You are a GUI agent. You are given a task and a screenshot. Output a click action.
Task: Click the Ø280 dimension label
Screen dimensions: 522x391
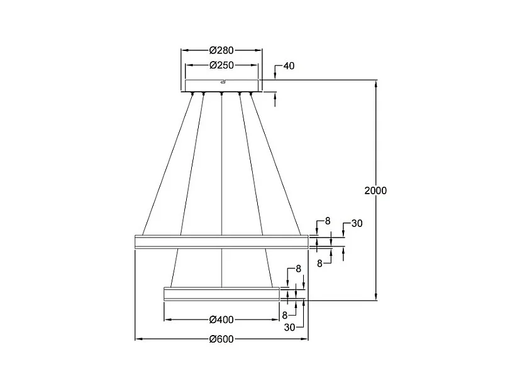point(221,50)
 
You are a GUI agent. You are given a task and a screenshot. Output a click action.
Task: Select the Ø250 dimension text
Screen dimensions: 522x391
point(221,65)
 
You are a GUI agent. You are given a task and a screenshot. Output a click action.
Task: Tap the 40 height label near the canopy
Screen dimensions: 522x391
point(289,66)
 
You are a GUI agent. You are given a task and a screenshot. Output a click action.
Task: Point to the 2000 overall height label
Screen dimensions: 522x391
point(375,190)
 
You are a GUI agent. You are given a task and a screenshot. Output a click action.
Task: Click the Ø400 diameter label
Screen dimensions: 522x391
point(221,320)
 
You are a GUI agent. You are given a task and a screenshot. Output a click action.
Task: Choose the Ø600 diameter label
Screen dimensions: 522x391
point(221,339)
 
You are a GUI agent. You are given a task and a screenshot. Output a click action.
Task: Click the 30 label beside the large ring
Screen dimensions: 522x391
point(357,223)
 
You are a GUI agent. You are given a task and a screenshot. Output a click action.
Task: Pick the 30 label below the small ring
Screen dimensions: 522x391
point(289,328)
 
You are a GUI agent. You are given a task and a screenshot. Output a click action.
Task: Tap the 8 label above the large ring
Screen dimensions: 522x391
point(328,221)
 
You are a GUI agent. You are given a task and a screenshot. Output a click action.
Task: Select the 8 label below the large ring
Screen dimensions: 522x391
point(319,263)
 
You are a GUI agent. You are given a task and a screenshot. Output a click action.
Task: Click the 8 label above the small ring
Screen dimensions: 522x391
point(298,268)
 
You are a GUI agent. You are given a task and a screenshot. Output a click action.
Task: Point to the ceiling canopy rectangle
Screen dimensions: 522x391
point(221,85)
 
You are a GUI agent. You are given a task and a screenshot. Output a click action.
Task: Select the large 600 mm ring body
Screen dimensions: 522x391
point(221,241)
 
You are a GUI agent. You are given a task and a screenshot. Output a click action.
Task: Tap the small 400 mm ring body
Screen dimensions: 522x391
point(221,294)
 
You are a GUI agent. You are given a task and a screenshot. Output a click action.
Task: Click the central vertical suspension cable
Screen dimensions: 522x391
point(222,190)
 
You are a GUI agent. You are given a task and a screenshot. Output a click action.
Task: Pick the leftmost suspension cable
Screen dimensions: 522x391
point(167,164)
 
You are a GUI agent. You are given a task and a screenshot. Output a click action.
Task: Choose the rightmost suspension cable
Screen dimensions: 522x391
point(275,164)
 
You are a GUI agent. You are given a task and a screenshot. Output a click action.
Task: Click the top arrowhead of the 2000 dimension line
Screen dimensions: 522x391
point(376,84)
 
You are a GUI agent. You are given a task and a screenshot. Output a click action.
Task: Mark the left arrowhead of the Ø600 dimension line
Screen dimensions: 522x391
point(139,339)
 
